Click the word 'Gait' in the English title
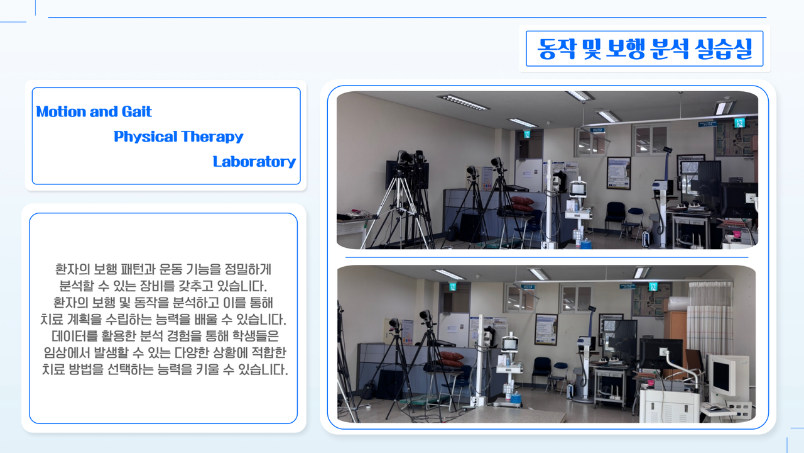(x=136, y=111)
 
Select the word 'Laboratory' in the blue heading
(x=254, y=162)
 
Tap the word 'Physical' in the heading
(x=145, y=137)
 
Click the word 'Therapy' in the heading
(x=212, y=137)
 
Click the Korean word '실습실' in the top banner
(x=723, y=48)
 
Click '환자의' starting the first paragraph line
(x=72, y=269)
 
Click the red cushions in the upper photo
(x=522, y=203)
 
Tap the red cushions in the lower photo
(x=451, y=359)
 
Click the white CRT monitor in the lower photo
(x=725, y=377)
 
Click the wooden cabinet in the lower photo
(x=675, y=331)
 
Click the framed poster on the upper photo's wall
(x=619, y=173)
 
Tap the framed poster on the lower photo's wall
(x=546, y=329)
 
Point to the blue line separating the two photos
(x=546, y=257)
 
